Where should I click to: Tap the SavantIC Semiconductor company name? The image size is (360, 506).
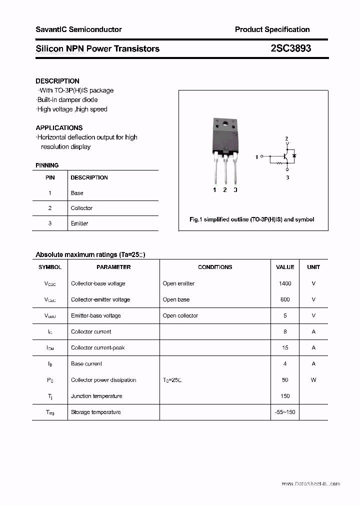(x=78, y=29)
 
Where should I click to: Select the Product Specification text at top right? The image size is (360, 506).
(x=272, y=29)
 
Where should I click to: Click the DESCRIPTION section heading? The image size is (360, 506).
(x=57, y=81)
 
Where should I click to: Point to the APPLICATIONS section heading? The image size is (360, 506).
(x=59, y=127)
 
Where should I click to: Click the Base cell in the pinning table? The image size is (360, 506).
(x=77, y=193)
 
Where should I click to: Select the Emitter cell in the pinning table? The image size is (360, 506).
(x=79, y=223)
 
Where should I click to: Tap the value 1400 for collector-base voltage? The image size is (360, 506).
(x=285, y=283)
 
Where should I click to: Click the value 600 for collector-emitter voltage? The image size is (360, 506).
(x=285, y=299)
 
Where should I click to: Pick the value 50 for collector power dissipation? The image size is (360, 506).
(x=285, y=380)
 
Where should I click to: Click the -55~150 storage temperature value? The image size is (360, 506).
(x=285, y=412)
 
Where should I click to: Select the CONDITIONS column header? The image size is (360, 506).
(x=215, y=267)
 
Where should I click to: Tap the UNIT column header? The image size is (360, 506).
(x=313, y=267)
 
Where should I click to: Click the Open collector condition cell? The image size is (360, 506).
(x=180, y=315)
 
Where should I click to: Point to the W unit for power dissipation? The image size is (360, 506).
(x=313, y=380)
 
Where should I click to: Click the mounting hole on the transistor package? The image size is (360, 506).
(x=225, y=124)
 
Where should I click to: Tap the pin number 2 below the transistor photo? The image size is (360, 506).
(x=225, y=190)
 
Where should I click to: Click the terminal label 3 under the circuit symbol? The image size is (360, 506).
(x=287, y=177)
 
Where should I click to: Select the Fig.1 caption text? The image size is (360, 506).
(x=251, y=219)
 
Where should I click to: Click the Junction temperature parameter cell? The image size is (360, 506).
(x=96, y=396)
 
